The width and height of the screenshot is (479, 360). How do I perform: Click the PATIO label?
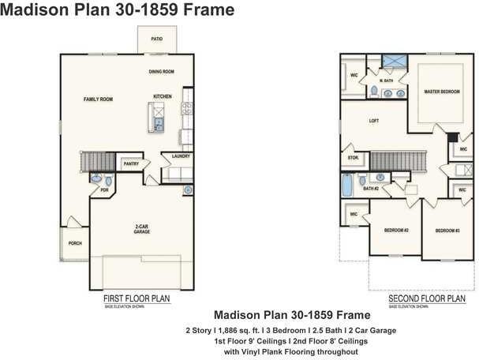coord(157,38)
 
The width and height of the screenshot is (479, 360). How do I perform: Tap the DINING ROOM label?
coord(161,72)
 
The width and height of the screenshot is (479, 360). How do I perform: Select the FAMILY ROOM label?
coord(99,99)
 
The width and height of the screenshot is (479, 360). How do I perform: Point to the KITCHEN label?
coord(163,96)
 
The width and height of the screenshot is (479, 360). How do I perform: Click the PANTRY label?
coord(131,163)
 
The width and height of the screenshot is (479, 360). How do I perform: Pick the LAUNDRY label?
coord(180,156)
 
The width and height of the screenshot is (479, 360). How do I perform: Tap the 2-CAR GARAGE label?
coord(142,230)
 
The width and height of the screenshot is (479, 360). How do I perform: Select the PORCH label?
coord(75,243)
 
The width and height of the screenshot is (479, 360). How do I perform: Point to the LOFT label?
coord(375,122)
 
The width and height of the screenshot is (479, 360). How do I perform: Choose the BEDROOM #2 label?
coord(395,230)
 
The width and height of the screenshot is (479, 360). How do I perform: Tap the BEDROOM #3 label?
coord(447,230)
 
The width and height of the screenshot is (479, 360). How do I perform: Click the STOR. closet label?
coord(353,158)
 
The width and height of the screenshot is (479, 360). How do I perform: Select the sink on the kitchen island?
coord(159,122)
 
